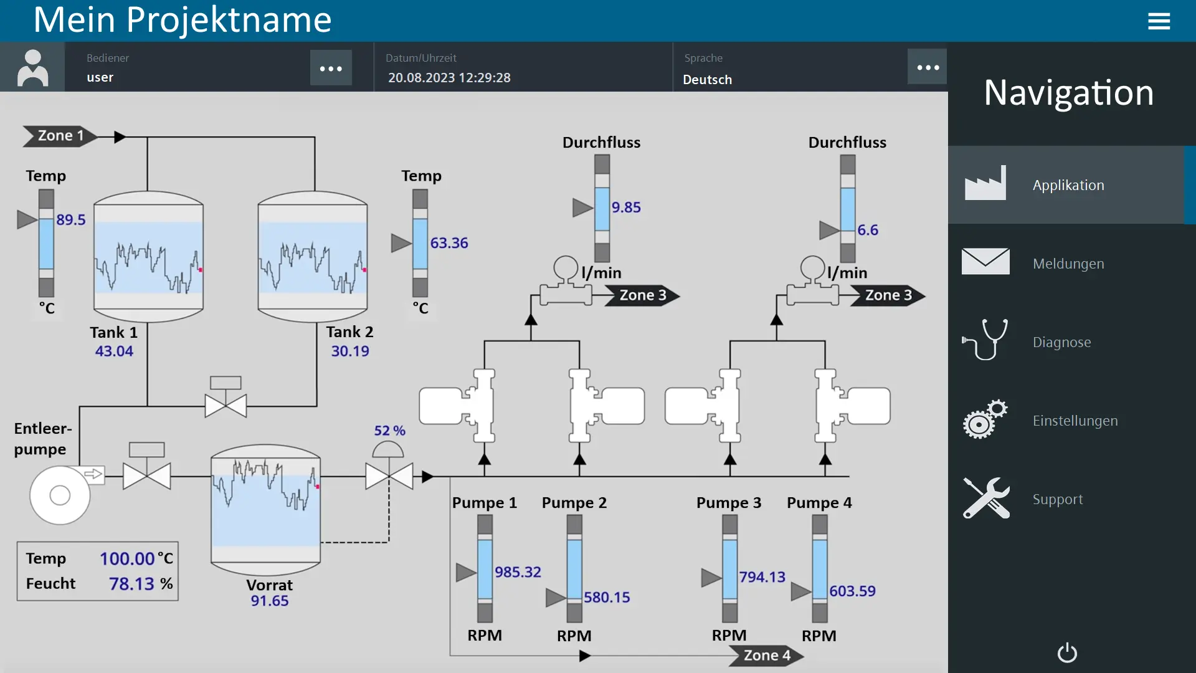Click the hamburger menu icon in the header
point(1159,21)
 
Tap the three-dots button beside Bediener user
point(331,68)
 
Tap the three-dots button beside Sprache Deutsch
point(928,67)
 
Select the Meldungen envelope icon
point(985,261)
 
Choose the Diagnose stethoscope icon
point(985,340)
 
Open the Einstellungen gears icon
point(985,419)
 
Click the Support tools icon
point(986,498)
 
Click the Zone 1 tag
point(60,136)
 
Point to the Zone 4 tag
point(766,656)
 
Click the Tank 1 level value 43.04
point(114,351)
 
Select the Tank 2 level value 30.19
point(350,351)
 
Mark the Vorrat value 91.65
point(270,601)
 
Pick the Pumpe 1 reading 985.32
point(518,572)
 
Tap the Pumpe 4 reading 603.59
point(852,591)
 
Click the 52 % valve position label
point(389,431)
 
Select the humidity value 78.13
point(131,584)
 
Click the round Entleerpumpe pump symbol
point(60,495)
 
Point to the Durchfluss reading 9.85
point(626,208)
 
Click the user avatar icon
point(32,67)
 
